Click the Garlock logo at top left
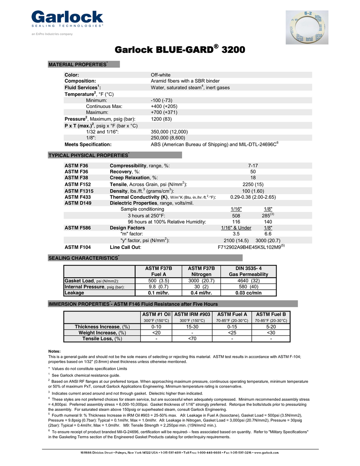(67, 19)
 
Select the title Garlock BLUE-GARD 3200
(180, 50)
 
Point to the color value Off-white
(160, 75)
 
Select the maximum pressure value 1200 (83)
(162, 119)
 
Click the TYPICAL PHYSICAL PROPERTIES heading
(89, 155)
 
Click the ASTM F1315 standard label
(79, 191)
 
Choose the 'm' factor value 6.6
(268, 234)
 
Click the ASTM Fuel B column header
(271, 314)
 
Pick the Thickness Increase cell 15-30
(192, 327)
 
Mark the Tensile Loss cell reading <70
(192, 339)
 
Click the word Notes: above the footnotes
(55, 351)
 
